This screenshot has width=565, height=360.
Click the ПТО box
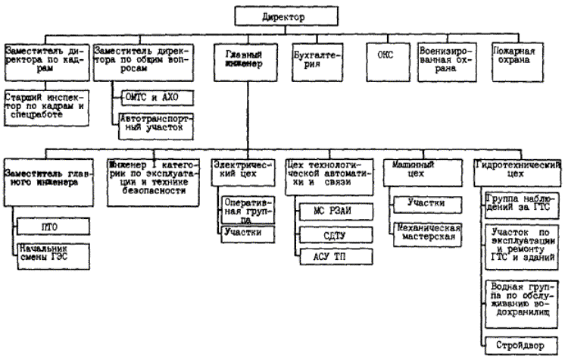point(52,226)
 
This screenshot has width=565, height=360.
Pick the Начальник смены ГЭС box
point(52,253)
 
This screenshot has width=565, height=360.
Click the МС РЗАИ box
point(334,208)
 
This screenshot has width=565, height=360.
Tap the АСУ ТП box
point(334,258)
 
